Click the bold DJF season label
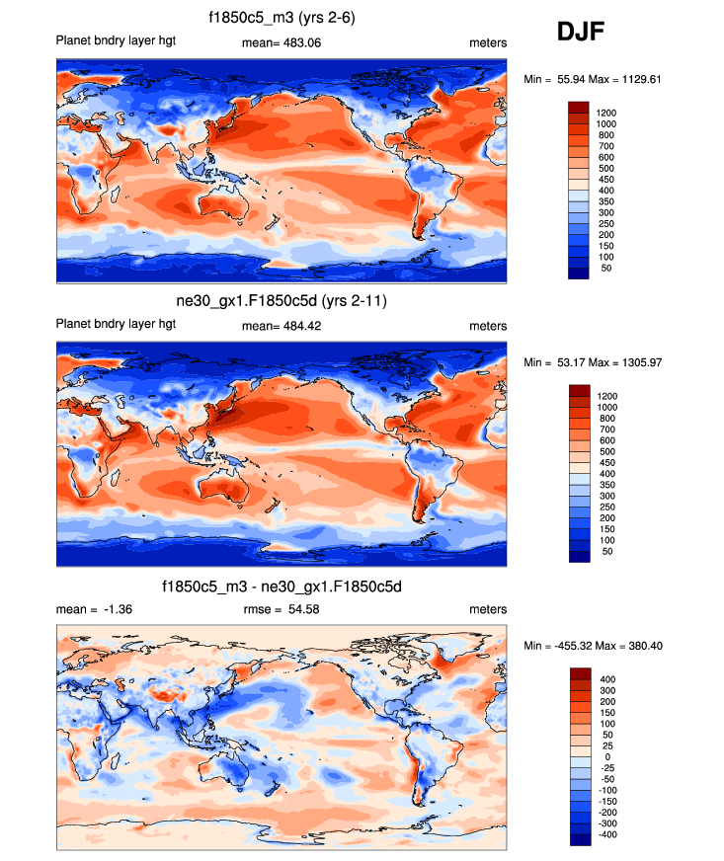580,32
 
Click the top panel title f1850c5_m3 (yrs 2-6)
282,17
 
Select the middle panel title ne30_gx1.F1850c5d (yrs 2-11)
282,301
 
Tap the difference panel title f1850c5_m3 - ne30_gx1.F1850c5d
282,587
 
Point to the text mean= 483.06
282,42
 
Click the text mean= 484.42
282,326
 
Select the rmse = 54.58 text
282,610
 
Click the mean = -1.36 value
95,610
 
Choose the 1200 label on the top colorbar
605,113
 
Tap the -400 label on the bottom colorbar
606,834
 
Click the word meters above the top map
488,42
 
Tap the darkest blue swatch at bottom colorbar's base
579,839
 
